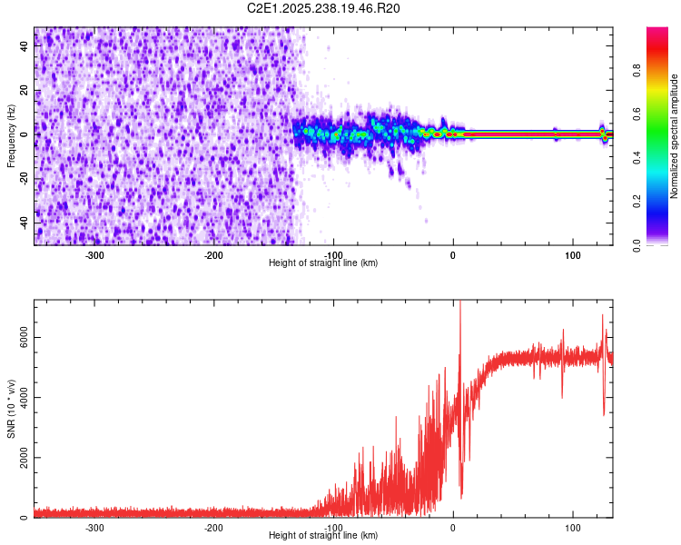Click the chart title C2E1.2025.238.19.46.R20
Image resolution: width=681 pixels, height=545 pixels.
324,8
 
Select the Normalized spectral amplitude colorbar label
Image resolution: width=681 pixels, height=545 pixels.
675,136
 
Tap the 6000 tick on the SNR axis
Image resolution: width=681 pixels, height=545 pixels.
19,337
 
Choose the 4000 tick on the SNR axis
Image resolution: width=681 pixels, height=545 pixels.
19,397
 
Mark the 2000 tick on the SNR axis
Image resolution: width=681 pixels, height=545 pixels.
19,458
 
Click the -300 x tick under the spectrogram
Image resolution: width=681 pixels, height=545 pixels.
95,254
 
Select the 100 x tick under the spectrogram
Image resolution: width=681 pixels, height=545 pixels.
573,254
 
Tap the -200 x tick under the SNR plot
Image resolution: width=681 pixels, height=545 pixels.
214,527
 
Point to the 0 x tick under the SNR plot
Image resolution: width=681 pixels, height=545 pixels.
453,527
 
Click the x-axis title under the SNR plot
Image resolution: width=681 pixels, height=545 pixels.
323,536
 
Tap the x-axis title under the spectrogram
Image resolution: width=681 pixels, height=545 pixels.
323,263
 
